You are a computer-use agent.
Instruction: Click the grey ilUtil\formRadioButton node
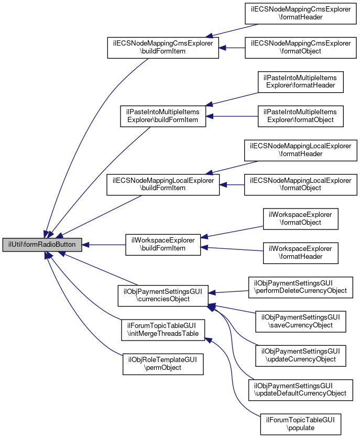coord(42,245)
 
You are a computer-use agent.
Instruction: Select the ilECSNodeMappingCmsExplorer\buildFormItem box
coord(163,48)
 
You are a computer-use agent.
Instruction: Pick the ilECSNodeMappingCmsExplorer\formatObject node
coord(300,48)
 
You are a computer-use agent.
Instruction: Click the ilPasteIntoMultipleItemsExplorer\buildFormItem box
coord(163,116)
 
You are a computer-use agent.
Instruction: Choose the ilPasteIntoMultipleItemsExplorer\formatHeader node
coord(300,82)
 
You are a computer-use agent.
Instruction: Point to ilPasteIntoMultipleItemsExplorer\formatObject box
coord(300,116)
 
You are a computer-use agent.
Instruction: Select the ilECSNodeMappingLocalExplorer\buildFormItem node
coord(163,184)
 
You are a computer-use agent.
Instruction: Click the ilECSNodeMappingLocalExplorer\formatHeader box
coord(300,150)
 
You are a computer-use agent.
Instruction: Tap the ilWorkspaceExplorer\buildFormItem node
coord(163,245)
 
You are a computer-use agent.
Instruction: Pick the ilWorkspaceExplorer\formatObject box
coord(300,219)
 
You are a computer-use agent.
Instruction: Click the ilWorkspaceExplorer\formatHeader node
coord(300,253)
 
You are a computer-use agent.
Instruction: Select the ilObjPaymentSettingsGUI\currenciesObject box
coord(163,295)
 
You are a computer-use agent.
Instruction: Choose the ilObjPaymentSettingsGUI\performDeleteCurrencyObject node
coord(300,288)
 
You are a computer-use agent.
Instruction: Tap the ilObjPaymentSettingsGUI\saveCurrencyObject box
coord(300,322)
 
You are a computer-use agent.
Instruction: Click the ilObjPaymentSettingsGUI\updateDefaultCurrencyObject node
coord(300,390)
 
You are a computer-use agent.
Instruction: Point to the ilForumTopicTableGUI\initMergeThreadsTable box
coord(163,330)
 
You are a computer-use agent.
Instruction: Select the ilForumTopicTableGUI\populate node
coord(300,424)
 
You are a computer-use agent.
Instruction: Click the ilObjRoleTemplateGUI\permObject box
coord(163,364)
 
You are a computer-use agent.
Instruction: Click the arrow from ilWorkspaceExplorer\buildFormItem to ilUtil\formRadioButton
coord(104,245)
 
